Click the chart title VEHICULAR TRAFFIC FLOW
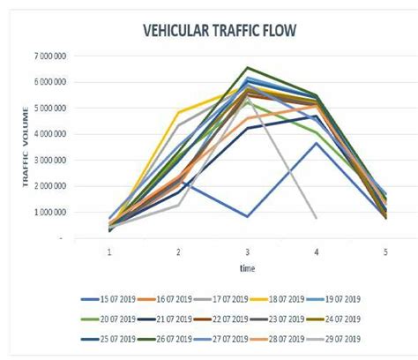220,32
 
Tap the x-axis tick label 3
248,251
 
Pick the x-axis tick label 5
385,251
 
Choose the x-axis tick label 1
109,251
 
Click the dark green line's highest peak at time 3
248,68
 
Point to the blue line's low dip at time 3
248,216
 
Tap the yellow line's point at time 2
179,112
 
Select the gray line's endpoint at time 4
317,217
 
